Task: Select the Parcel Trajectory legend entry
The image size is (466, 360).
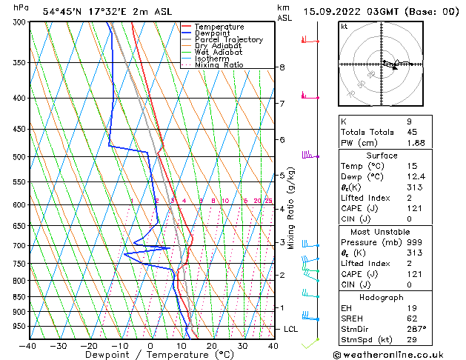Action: click(x=228, y=40)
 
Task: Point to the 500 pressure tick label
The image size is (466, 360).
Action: click(x=16, y=157)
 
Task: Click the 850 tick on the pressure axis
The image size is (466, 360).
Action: click(x=16, y=297)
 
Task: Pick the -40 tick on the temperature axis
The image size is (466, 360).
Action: click(x=28, y=346)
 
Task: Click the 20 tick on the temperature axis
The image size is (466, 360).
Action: click(x=211, y=346)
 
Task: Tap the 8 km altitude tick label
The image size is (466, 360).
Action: click(x=282, y=67)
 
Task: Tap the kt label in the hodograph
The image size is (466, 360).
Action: click(x=344, y=26)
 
